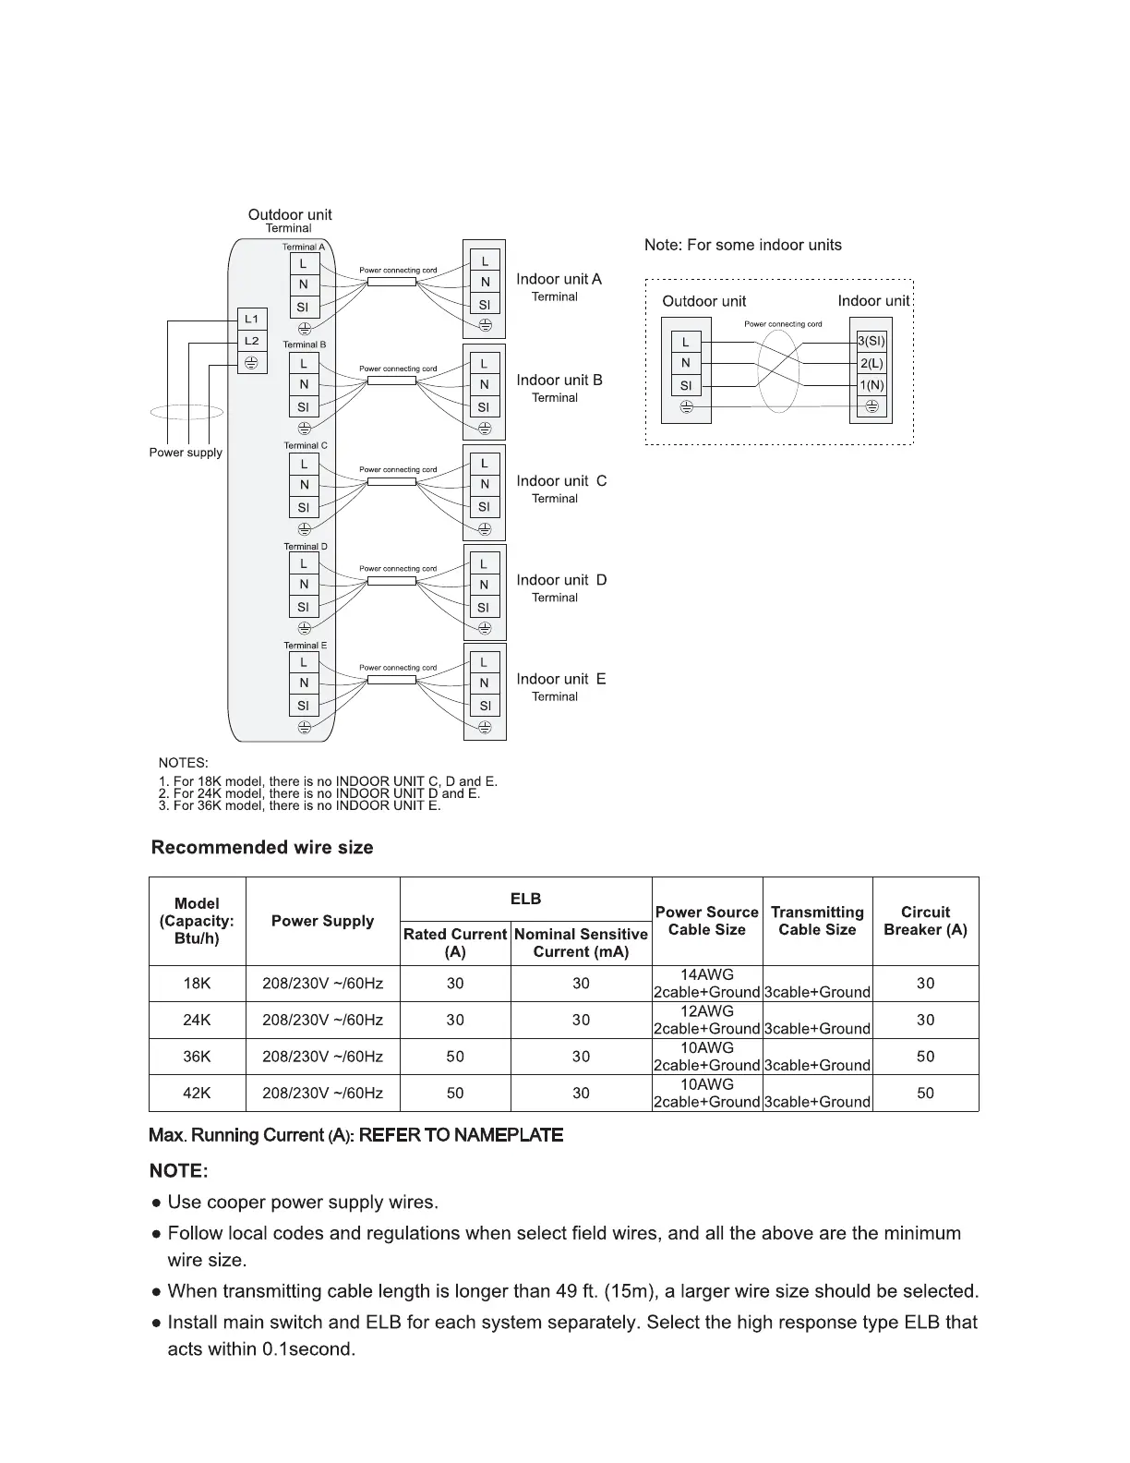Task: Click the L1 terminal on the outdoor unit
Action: tap(251, 320)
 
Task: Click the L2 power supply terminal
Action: tap(251, 341)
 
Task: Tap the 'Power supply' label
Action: tap(186, 453)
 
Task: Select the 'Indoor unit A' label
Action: tap(559, 279)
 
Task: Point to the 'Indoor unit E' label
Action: tap(561, 679)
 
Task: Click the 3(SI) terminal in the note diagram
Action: tap(871, 341)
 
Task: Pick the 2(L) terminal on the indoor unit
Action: tap(871, 363)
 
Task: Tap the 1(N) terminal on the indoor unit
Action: tap(871, 385)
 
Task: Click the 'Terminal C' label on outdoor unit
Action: tap(306, 445)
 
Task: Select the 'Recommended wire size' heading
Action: tap(262, 847)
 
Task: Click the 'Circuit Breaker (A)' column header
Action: tap(925, 921)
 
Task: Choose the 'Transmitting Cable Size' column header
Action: tap(817, 921)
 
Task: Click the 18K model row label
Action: tap(197, 984)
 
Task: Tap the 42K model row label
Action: tap(197, 1093)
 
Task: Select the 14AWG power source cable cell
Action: tap(707, 975)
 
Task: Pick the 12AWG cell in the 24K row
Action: tap(707, 1011)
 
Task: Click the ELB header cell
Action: tap(525, 899)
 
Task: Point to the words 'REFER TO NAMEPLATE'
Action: tap(461, 1135)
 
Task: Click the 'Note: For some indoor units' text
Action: tap(743, 245)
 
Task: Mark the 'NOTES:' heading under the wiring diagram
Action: tap(184, 763)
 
